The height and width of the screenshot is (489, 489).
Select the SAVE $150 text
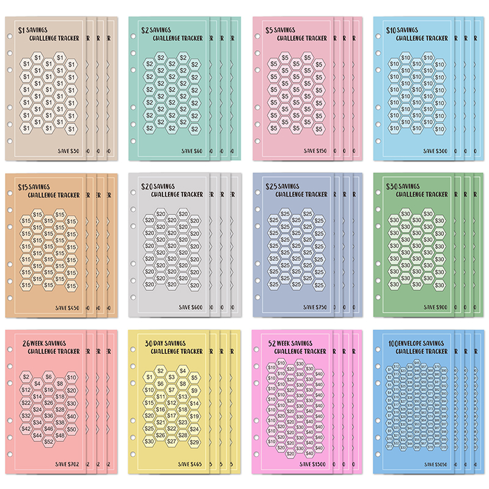click(x=312, y=150)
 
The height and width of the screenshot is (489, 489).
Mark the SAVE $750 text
click(x=312, y=307)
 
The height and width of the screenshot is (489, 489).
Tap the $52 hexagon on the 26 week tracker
click(x=49, y=441)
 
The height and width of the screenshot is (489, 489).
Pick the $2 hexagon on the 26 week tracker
click(x=26, y=378)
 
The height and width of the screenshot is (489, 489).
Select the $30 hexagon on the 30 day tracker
click(x=149, y=441)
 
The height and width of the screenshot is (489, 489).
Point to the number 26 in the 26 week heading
click(x=24, y=344)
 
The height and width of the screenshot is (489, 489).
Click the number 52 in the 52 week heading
click(x=270, y=344)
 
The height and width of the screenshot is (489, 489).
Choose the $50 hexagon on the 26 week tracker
click(x=72, y=429)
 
